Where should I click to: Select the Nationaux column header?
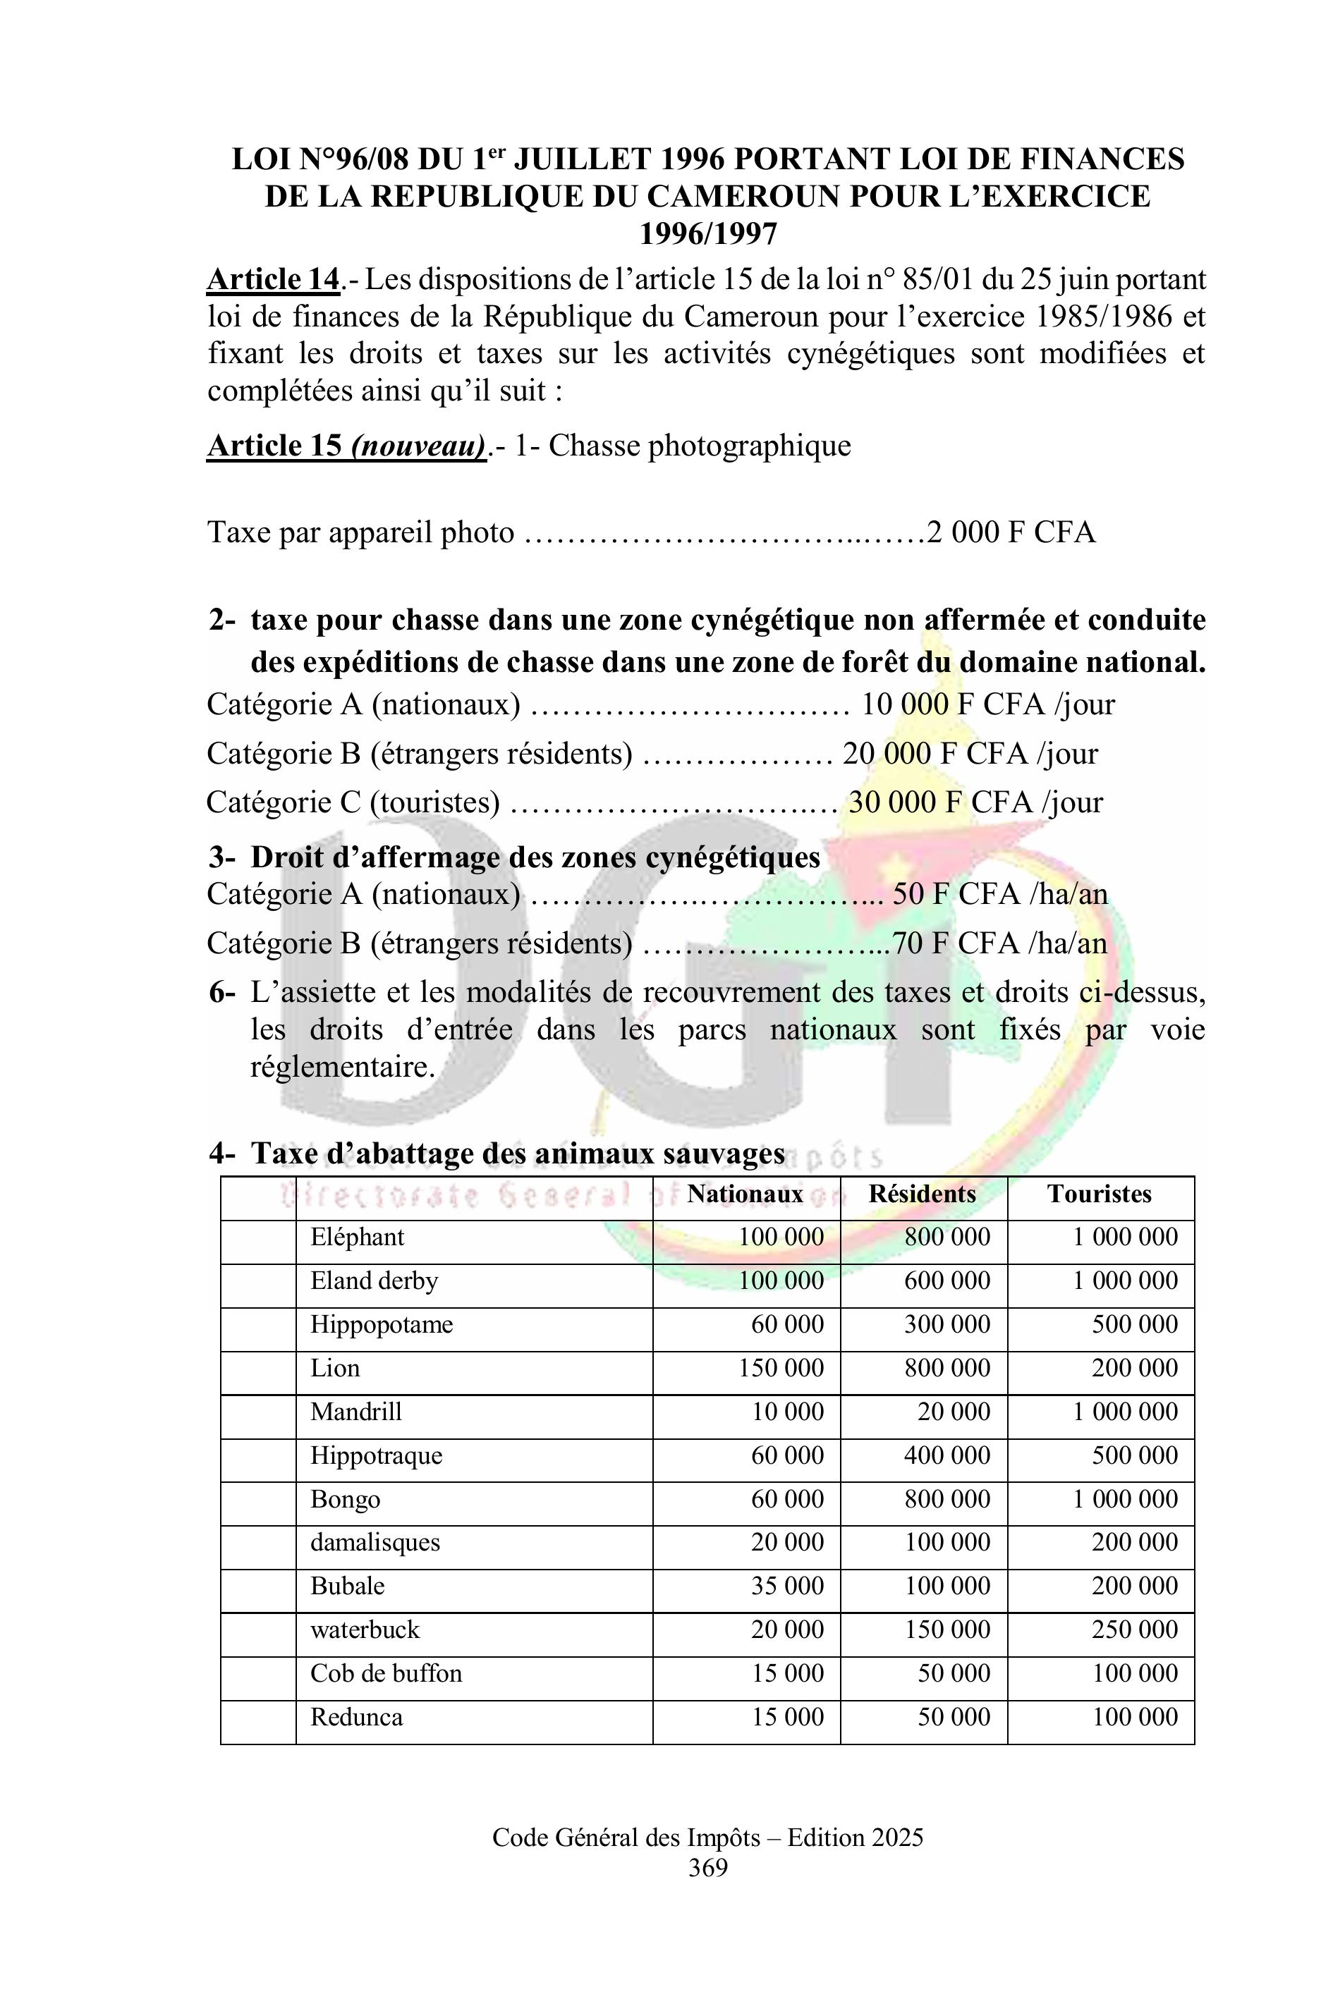(745, 1194)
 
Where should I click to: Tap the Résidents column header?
(922, 1194)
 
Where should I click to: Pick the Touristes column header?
(1100, 1194)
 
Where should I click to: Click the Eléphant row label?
(357, 1237)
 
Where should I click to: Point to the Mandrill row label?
(355, 1412)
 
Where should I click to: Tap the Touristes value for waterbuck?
(1135, 1630)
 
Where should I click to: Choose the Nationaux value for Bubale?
(787, 1586)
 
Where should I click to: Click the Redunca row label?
(356, 1717)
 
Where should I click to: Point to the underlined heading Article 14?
(273, 280)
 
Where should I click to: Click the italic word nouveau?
(418, 446)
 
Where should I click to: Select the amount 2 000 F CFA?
(1011, 533)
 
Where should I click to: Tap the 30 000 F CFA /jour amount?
(975, 802)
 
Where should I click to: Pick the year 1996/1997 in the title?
(708, 233)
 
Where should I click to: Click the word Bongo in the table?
(345, 1498)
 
